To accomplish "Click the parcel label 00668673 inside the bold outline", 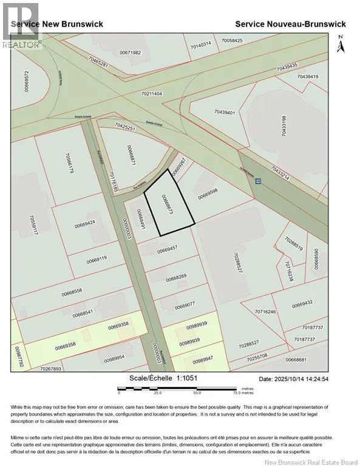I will point(168,206).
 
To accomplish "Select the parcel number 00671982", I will point(130,53).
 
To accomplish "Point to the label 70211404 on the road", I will point(151,94).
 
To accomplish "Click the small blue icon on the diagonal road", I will point(258,181).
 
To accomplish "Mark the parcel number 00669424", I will point(86,225).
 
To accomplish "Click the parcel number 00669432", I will point(302,302).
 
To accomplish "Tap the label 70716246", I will point(265,312).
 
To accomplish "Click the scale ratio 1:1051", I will point(183,378).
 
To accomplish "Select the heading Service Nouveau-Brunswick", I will point(290,24).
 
